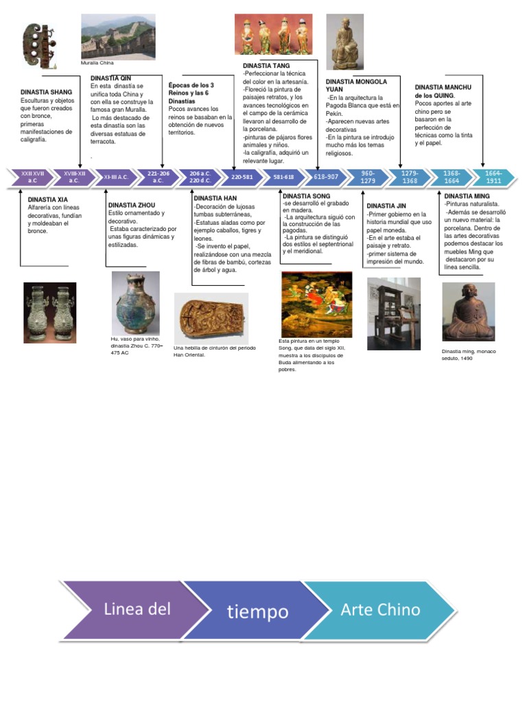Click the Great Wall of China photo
click(x=118, y=36)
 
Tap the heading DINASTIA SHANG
click(x=46, y=92)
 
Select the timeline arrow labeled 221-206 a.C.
click(x=158, y=178)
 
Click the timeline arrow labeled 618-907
click(x=326, y=177)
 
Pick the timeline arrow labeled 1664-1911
click(x=493, y=178)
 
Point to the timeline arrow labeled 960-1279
click(x=368, y=178)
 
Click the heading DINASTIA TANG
click(x=266, y=66)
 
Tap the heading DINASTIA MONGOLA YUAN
click(x=356, y=86)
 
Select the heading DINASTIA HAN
click(x=215, y=199)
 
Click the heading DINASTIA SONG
click(x=306, y=196)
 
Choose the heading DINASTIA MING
click(x=467, y=196)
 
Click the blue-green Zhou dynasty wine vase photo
click(x=136, y=303)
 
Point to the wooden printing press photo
click(x=394, y=313)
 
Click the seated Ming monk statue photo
click(x=468, y=312)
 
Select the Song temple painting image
click(x=316, y=304)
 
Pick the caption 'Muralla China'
click(x=97, y=62)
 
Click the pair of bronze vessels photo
click(x=50, y=313)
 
